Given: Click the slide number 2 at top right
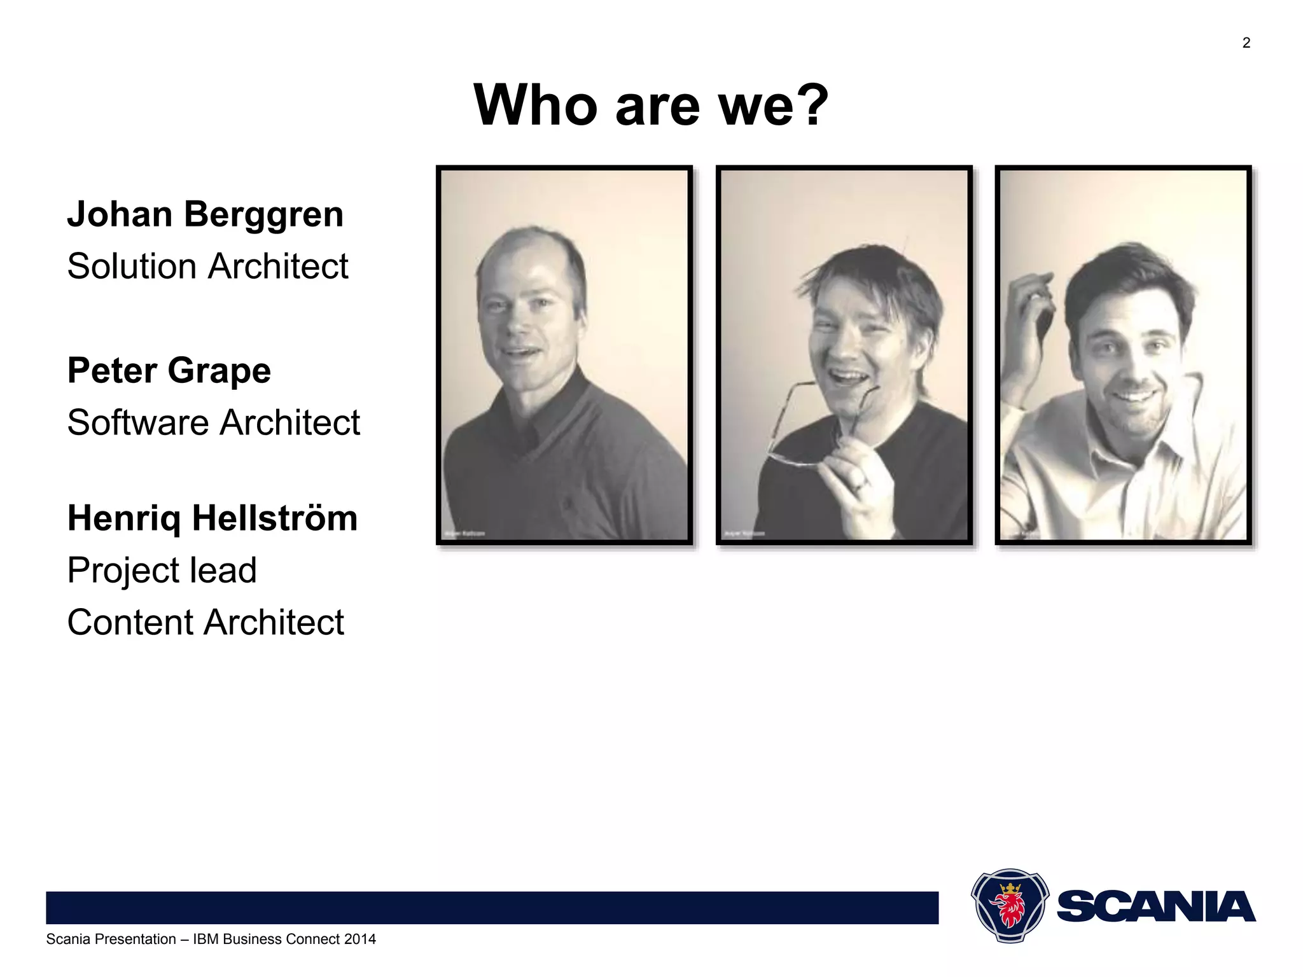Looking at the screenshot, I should pos(1246,43).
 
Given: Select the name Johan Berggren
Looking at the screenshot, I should pos(205,214).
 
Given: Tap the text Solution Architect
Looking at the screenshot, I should pos(207,266).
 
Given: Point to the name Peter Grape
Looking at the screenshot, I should pos(169,371).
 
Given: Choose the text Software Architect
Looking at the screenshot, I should pos(213,422).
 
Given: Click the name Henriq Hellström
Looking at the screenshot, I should pos(213,518).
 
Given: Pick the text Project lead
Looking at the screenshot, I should pos(162,570).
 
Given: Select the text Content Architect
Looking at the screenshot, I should pos(205,622).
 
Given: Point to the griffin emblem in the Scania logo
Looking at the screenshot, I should pos(1009,906).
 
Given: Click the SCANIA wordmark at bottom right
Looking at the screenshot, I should pos(1155,907).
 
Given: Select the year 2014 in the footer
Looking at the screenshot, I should pos(359,939).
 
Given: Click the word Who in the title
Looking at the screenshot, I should pos(536,105).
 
